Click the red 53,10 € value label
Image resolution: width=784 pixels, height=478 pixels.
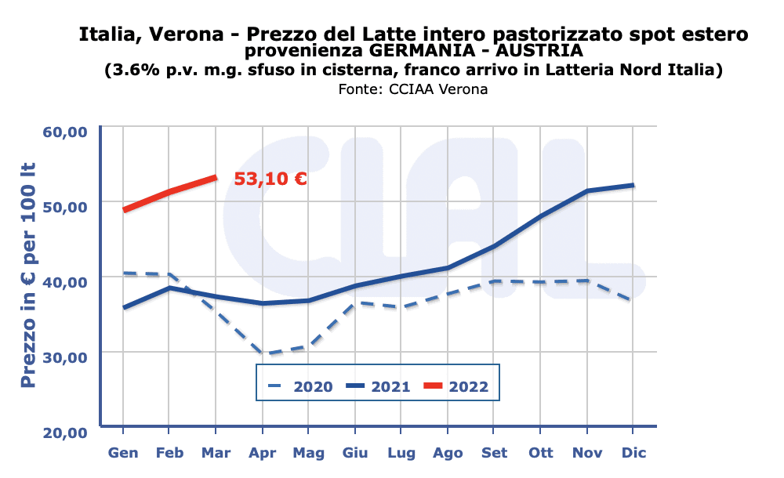coord(270,179)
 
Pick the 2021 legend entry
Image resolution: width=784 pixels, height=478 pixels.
coord(379,386)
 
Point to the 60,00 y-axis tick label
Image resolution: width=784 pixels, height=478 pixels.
coord(64,132)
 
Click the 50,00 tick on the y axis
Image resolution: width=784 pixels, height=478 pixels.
coord(64,207)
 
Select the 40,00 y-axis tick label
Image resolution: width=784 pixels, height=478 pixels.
coord(64,282)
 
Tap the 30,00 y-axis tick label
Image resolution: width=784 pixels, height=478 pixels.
coord(64,357)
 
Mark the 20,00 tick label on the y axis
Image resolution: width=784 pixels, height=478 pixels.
coord(64,433)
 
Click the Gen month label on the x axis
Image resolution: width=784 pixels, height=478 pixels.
coord(123,453)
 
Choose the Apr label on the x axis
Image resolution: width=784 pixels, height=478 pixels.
coord(262,453)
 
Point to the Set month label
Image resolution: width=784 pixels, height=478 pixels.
coord(494,453)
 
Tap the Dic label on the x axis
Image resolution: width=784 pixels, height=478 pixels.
coord(633,453)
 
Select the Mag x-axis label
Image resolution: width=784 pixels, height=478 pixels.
coord(308,453)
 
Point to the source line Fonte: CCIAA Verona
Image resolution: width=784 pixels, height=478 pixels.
coord(413,89)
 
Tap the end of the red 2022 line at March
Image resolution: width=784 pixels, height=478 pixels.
coord(216,178)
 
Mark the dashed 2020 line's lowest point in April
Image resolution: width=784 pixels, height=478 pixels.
coord(262,353)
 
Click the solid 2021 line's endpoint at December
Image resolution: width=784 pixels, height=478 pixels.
coord(633,185)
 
